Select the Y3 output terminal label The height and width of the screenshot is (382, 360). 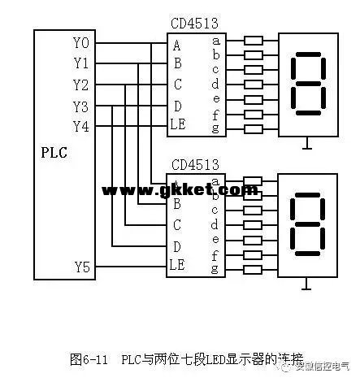pyautogui.click(x=82, y=106)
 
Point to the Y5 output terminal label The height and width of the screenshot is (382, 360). pyautogui.click(x=82, y=266)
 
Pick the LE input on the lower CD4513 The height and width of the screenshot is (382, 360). pyautogui.click(x=179, y=264)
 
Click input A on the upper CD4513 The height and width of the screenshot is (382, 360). pyautogui.click(x=176, y=44)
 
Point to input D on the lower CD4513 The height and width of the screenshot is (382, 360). pyautogui.click(x=176, y=245)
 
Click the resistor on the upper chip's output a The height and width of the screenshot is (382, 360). pyautogui.click(x=253, y=40)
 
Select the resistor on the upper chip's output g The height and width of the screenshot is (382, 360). pyautogui.click(x=253, y=128)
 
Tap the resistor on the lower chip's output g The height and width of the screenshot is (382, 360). pyautogui.click(x=253, y=268)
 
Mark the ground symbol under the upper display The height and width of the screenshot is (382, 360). pyautogui.click(x=306, y=147)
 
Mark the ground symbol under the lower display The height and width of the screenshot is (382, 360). pyautogui.click(x=306, y=286)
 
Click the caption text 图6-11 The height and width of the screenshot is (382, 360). pyautogui.click(x=89, y=358)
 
